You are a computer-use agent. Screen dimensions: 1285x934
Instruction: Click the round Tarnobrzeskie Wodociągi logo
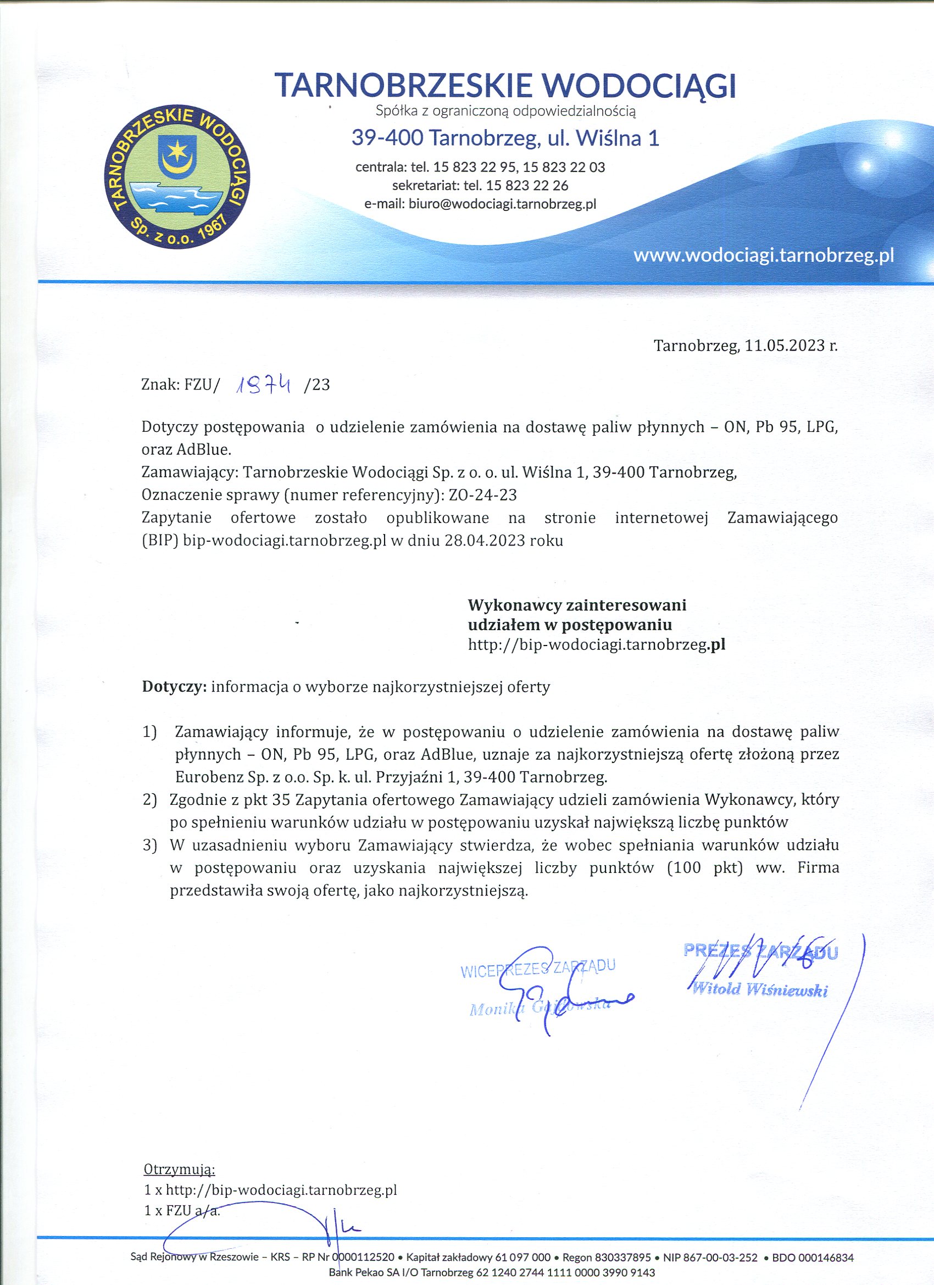click(177, 177)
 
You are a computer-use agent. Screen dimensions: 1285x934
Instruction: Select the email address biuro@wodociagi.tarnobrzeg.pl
click(502, 204)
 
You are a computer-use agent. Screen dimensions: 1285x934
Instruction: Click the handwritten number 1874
click(265, 385)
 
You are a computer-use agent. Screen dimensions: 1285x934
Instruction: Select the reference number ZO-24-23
click(482, 494)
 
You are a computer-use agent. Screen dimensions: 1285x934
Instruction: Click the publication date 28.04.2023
click(485, 540)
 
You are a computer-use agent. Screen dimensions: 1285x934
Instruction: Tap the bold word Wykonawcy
click(515, 605)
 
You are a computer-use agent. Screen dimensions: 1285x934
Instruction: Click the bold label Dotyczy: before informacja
click(174, 687)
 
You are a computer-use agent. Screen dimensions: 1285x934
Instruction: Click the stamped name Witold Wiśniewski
click(760, 990)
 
